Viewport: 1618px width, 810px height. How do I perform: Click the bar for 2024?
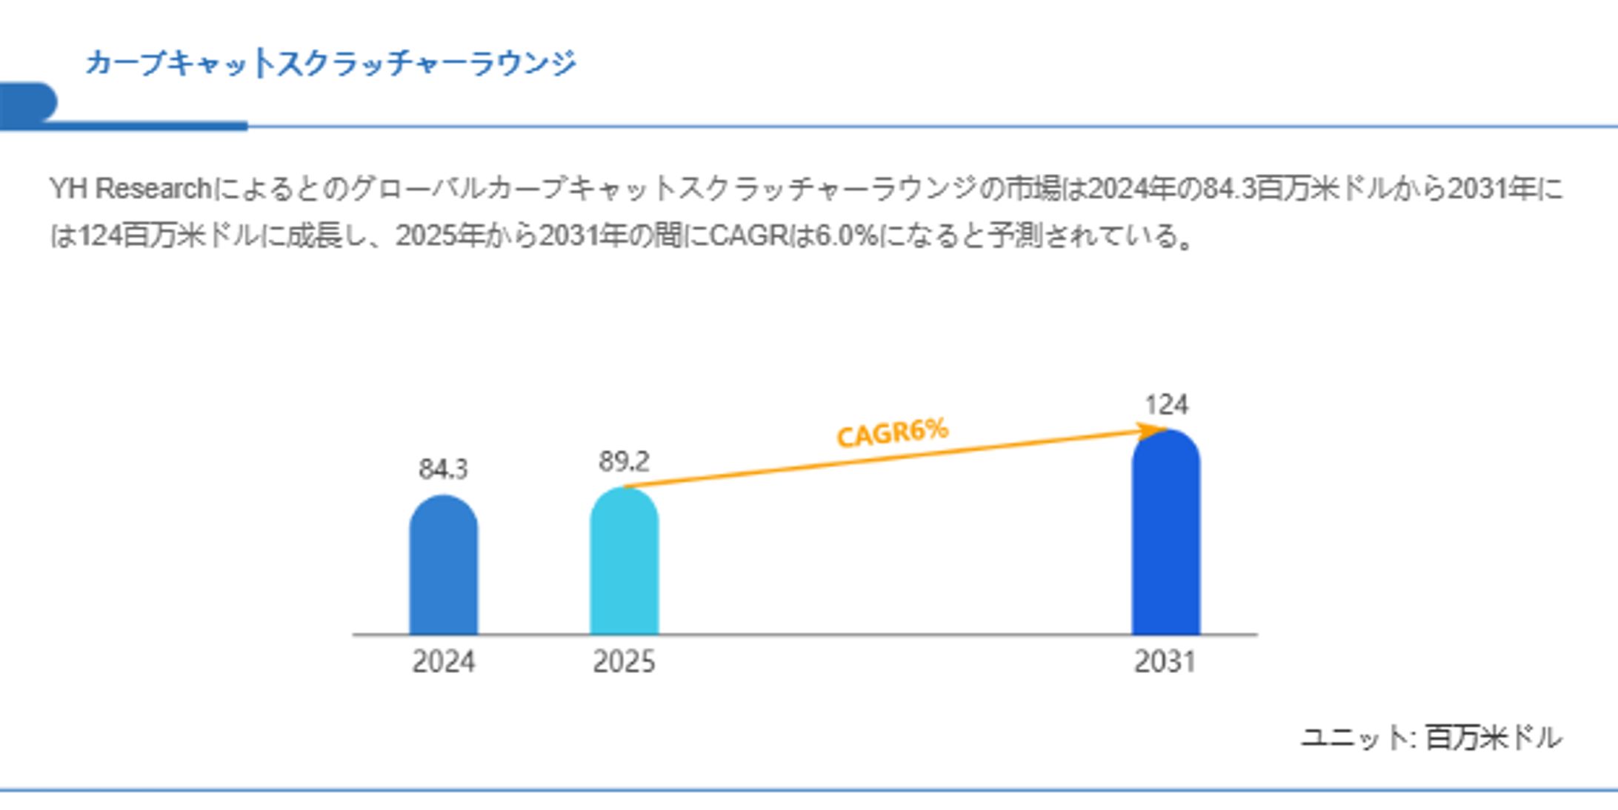point(443,566)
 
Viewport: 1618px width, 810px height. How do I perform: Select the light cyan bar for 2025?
point(624,563)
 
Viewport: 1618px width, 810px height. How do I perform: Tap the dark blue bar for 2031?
point(1165,533)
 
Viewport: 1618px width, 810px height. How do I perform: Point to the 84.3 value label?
point(443,469)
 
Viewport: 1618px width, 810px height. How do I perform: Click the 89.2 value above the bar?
point(624,461)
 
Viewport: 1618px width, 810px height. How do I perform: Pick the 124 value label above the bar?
point(1166,405)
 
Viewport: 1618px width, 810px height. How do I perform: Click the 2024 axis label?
point(443,661)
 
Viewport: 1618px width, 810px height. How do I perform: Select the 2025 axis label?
point(624,661)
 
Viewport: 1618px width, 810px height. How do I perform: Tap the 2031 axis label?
point(1165,661)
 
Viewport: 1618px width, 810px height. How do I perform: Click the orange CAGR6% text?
point(892,433)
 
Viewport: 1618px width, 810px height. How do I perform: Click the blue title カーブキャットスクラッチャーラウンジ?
point(330,63)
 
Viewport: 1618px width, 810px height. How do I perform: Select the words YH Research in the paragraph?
point(130,190)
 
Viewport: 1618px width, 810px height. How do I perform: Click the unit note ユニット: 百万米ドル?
point(1431,737)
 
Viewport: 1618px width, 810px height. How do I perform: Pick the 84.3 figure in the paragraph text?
point(1230,190)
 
